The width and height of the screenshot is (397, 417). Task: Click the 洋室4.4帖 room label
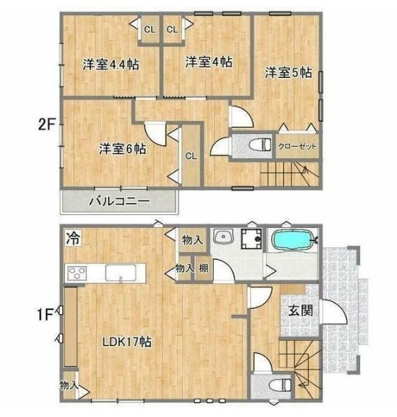click(111, 64)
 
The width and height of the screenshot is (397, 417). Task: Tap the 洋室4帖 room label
click(209, 62)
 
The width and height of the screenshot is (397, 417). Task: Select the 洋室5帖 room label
click(288, 72)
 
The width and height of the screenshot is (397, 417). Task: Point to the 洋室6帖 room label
click(123, 149)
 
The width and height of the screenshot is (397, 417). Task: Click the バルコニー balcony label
click(119, 202)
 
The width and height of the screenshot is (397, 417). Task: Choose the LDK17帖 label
click(127, 342)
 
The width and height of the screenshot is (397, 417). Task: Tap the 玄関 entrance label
click(301, 311)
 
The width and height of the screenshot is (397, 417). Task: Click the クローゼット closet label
click(297, 146)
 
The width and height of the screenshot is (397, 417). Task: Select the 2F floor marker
click(47, 124)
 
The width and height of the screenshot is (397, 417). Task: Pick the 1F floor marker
click(45, 315)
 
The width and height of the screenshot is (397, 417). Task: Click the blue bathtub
click(292, 240)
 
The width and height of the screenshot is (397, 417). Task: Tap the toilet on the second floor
click(260, 145)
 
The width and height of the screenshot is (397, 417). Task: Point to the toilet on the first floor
click(280, 385)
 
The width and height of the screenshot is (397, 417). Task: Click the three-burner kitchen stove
click(77, 273)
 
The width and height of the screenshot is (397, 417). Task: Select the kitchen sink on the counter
click(120, 273)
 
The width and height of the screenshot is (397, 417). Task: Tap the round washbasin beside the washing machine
click(224, 236)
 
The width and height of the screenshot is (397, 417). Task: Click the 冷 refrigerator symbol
click(73, 238)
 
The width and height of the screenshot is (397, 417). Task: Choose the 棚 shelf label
click(203, 268)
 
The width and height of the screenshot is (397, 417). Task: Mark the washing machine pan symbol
click(251, 238)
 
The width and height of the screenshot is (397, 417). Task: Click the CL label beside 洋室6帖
click(191, 156)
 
